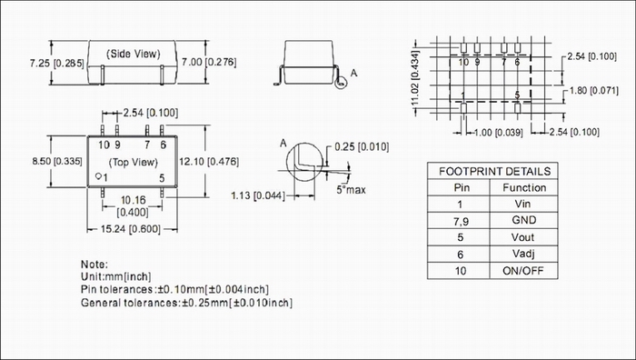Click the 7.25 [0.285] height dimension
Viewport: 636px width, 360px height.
pos(56,64)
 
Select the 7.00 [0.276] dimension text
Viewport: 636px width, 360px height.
pos(208,62)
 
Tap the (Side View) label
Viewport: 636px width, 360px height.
pos(133,54)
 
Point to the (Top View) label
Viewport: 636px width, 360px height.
pos(133,163)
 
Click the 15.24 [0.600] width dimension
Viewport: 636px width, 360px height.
pos(130,229)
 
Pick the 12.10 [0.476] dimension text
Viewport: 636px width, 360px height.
pos(209,162)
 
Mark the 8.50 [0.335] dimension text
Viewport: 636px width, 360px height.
pos(57,161)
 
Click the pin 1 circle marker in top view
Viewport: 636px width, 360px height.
pos(98,175)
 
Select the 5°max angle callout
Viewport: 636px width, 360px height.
pos(351,189)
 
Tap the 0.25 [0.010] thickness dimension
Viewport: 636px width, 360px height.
pos(362,146)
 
